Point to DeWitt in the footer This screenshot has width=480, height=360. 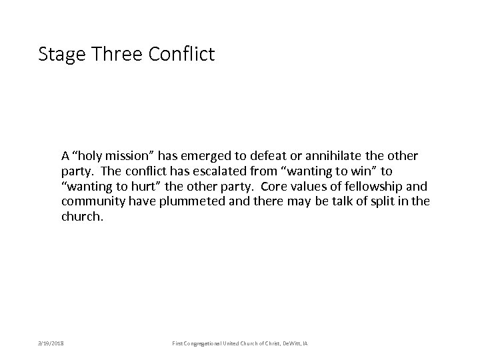click(292, 342)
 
